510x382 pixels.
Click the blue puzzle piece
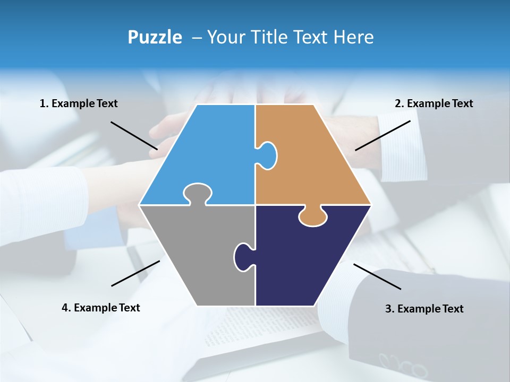pyautogui.click(x=207, y=154)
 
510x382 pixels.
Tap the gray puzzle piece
pyautogui.click(x=197, y=255)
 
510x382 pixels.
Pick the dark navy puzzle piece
pyautogui.click(x=308, y=260)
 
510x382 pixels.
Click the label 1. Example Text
pyautogui.click(x=79, y=103)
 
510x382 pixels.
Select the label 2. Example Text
pyautogui.click(x=433, y=103)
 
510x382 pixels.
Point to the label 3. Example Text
pyautogui.click(x=424, y=309)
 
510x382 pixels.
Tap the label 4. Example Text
pyautogui.click(x=100, y=308)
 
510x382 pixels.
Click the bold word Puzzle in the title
pyautogui.click(x=155, y=37)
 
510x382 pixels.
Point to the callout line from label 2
pyautogui.click(x=382, y=135)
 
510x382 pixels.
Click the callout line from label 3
pyautogui.click(x=377, y=276)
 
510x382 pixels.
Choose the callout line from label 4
pyautogui.click(x=135, y=273)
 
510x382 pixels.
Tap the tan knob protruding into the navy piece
pyautogui.click(x=312, y=216)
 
